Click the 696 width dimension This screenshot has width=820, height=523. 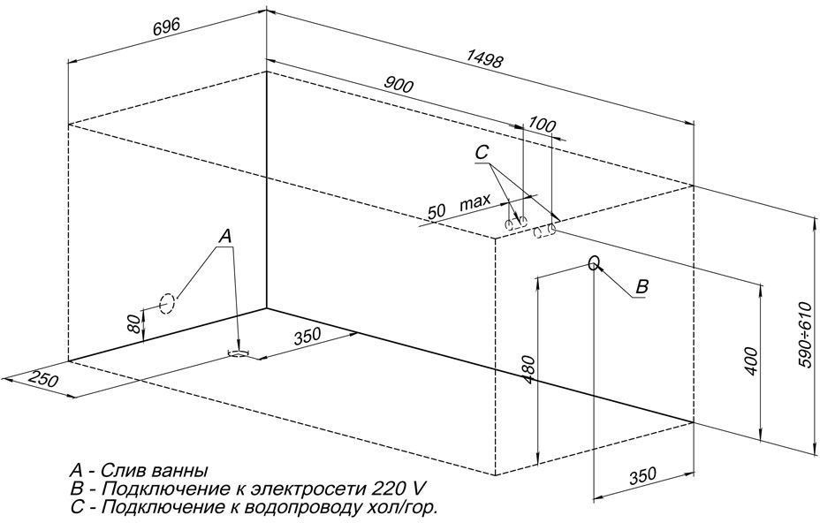[x=166, y=27]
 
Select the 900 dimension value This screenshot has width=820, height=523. [x=399, y=84]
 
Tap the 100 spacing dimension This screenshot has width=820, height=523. [x=543, y=125]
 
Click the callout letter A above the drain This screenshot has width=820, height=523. [x=224, y=237]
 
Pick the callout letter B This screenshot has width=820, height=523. [x=642, y=286]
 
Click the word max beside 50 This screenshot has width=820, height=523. [x=475, y=201]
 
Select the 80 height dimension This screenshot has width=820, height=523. [x=134, y=322]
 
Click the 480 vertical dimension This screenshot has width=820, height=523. [x=529, y=370]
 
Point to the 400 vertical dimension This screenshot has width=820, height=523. [x=750, y=360]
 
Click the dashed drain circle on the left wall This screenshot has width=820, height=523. [x=167, y=303]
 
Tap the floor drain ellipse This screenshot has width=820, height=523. [x=239, y=353]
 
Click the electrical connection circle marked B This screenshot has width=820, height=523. [x=594, y=263]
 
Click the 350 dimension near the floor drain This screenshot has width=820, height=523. [x=307, y=337]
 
